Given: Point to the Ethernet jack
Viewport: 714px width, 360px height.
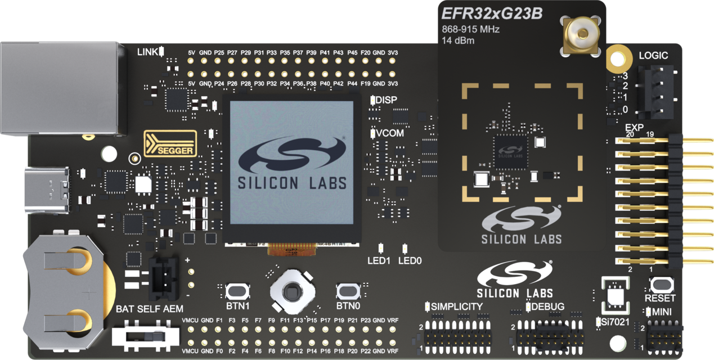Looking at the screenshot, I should (59, 88).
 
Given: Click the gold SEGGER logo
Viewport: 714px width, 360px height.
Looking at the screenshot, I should (170, 143).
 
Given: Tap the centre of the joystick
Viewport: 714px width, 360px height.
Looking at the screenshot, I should (291, 291).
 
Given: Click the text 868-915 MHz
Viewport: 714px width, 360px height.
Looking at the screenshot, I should (470, 29).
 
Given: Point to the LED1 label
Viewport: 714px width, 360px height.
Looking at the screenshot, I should (379, 261).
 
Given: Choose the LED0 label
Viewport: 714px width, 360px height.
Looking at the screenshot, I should (410, 261).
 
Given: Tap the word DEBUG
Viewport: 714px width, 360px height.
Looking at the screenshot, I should (548, 307).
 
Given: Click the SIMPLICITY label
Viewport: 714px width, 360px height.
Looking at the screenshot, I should (457, 307).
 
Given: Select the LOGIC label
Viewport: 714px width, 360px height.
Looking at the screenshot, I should (653, 56).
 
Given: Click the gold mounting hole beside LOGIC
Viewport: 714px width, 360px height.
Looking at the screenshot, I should (617, 57).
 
